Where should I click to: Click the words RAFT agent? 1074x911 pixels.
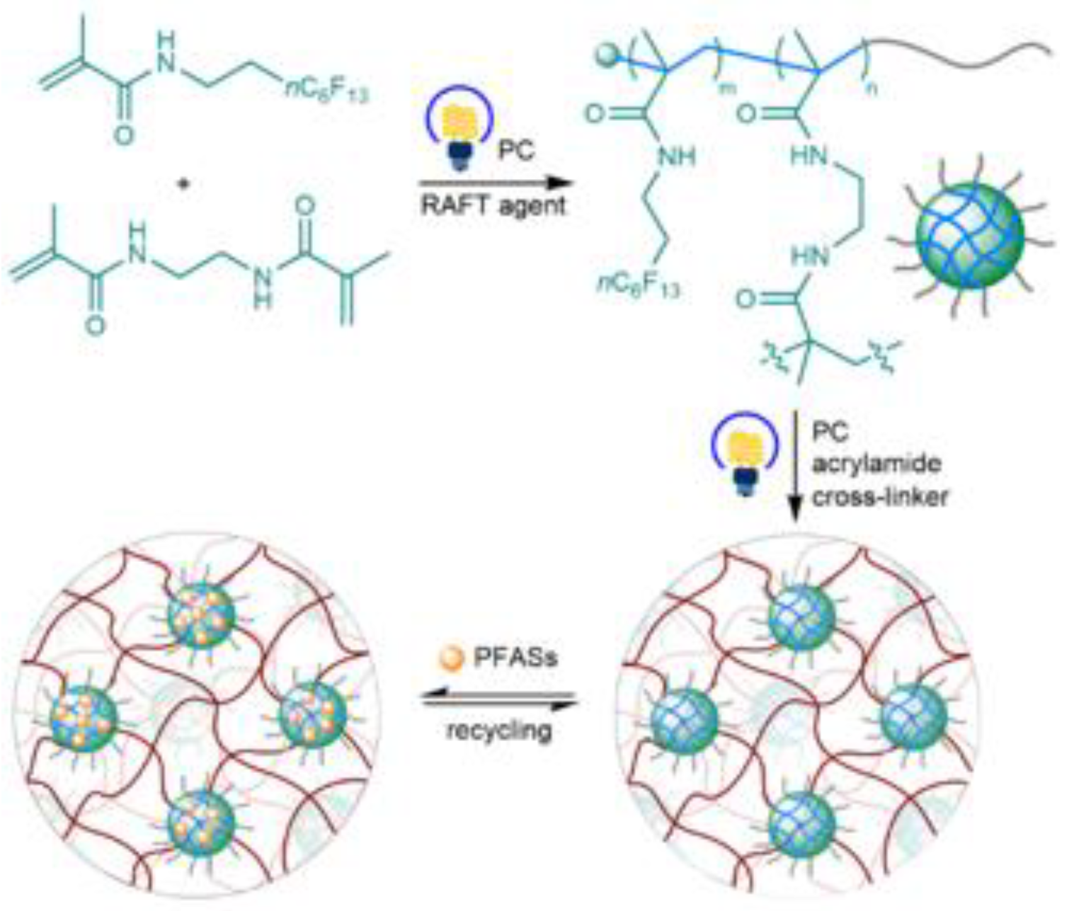[x=493, y=205]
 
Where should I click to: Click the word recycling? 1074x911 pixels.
[x=498, y=730]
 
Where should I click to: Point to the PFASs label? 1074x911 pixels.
[x=515, y=658]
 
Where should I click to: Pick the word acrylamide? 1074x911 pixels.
[x=876, y=464]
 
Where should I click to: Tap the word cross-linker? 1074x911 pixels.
[x=879, y=497]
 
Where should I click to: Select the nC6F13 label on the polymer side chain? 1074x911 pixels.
[x=638, y=285]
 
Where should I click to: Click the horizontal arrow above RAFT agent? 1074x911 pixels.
[x=493, y=183]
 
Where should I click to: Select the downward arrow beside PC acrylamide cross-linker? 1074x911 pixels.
[x=796, y=467]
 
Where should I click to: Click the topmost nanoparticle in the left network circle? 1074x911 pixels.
[x=201, y=615]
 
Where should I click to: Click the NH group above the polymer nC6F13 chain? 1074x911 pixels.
[x=676, y=156]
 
